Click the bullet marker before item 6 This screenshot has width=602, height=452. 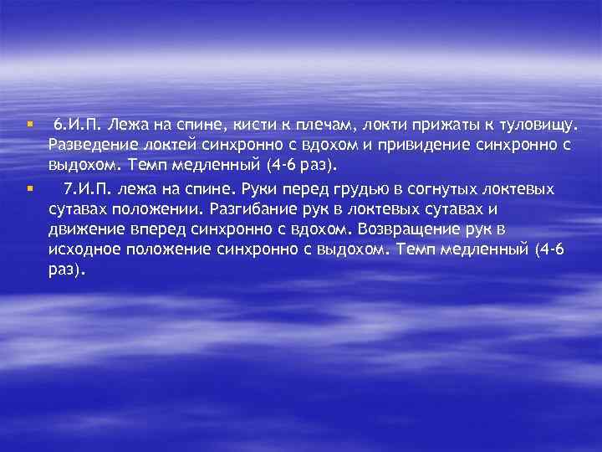28,124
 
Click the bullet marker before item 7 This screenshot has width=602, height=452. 28,187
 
